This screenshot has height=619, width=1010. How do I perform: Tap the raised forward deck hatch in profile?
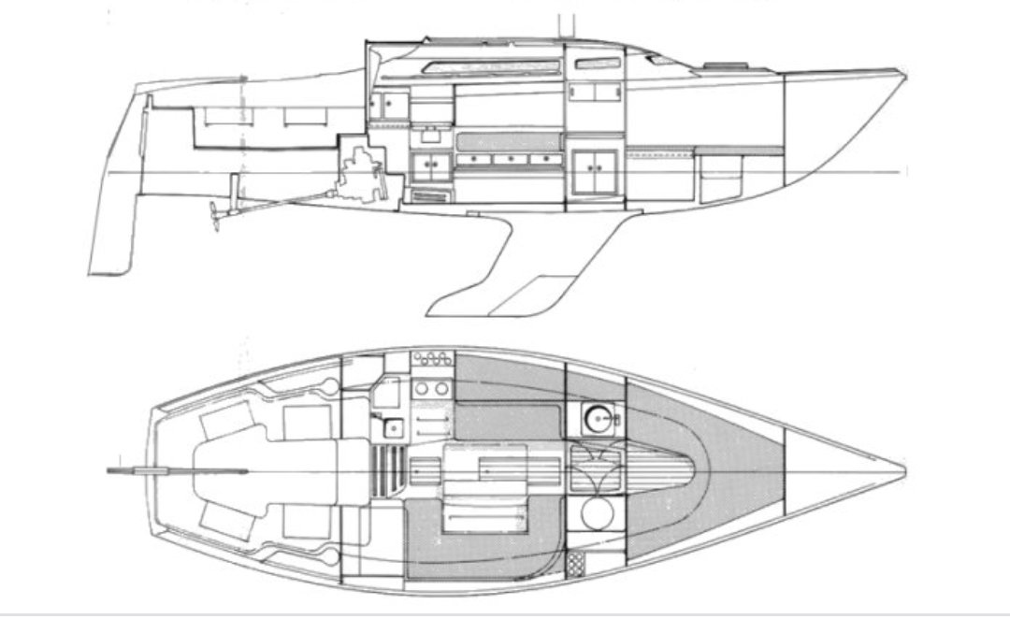click(x=728, y=65)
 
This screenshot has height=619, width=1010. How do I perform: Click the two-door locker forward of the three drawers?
click(x=593, y=169)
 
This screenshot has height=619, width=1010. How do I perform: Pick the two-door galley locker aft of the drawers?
click(x=430, y=166)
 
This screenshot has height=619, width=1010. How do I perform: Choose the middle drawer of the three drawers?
click(x=510, y=160)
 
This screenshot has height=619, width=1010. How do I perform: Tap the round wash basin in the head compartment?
click(x=596, y=417)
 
